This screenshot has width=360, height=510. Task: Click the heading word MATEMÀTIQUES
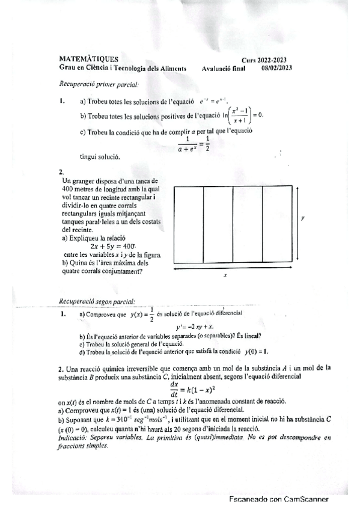89,59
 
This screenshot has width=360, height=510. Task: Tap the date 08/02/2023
276,68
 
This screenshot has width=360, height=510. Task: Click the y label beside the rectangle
302,219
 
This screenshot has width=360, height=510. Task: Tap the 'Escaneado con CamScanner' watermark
278,499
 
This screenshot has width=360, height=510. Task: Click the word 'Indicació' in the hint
73,438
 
